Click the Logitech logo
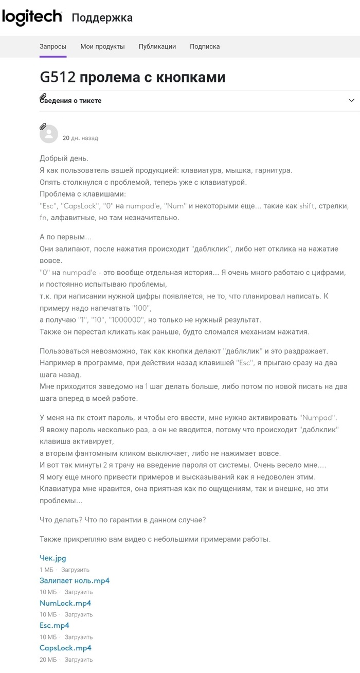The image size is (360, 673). point(32,17)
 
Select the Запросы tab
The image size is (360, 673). point(53,46)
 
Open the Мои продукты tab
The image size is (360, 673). point(102,46)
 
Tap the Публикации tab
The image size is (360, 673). point(157,46)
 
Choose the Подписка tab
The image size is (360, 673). point(205,46)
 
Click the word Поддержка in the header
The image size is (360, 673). point(102,18)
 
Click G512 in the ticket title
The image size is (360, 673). point(58,77)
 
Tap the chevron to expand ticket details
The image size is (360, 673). point(352,100)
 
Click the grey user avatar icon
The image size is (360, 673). point(49,134)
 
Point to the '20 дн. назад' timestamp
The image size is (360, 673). point(80,138)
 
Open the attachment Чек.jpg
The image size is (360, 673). point(53,558)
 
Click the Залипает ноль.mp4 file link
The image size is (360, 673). point(75,580)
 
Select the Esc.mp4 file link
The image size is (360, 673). point(55,626)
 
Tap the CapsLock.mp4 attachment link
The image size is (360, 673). point(66,648)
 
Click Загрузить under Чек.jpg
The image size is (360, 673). point(75,570)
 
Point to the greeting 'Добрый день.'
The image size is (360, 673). point(64,158)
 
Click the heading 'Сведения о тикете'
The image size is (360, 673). point(71,101)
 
